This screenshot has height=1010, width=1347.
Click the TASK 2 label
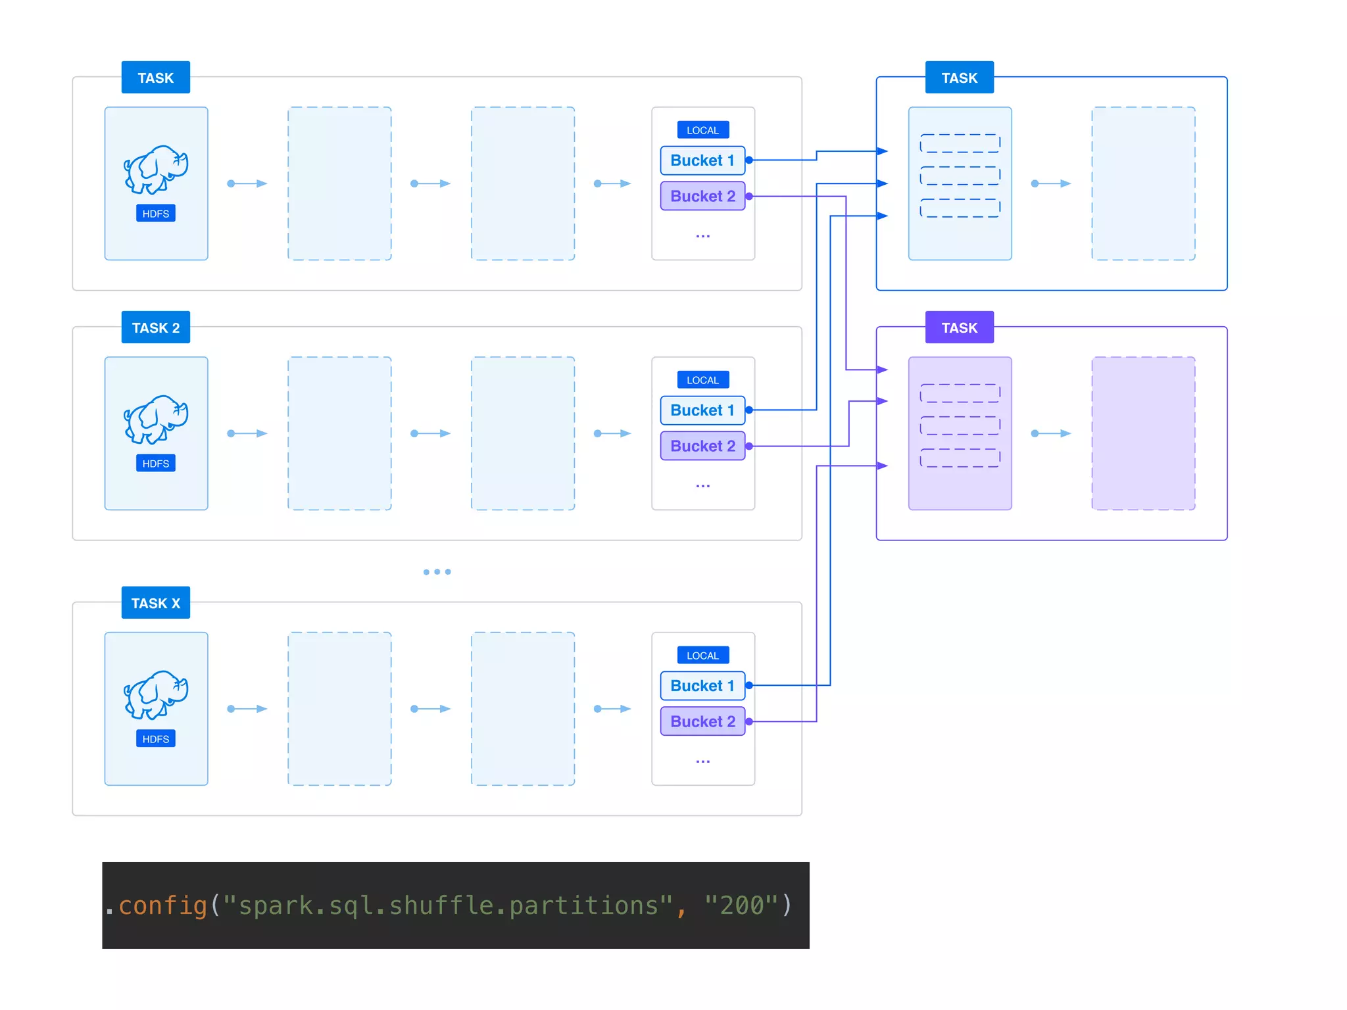[x=155, y=327]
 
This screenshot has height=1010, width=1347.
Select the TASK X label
[x=155, y=603]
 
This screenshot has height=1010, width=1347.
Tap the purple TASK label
[x=959, y=327]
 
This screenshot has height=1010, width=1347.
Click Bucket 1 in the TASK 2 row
[x=702, y=410]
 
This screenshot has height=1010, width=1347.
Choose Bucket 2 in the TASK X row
[x=702, y=721]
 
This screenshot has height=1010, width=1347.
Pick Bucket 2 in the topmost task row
[x=702, y=196]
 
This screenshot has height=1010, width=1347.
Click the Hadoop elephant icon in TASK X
[x=156, y=695]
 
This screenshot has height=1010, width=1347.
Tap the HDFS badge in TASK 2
[x=156, y=464]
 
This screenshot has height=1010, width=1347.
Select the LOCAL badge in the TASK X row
[x=702, y=656]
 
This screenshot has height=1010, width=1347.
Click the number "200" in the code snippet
[x=742, y=906]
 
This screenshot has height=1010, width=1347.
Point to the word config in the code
[x=163, y=906]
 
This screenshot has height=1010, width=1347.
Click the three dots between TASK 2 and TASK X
[x=437, y=572]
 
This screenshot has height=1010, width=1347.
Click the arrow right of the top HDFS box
[x=247, y=183]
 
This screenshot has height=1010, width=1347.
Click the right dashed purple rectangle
[x=1143, y=433]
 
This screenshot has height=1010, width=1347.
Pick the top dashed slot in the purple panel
[x=960, y=393]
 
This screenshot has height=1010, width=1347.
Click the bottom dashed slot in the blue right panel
[x=960, y=208]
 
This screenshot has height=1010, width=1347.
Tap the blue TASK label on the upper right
[x=959, y=78]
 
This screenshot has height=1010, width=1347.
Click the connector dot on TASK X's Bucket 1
[x=748, y=685]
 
